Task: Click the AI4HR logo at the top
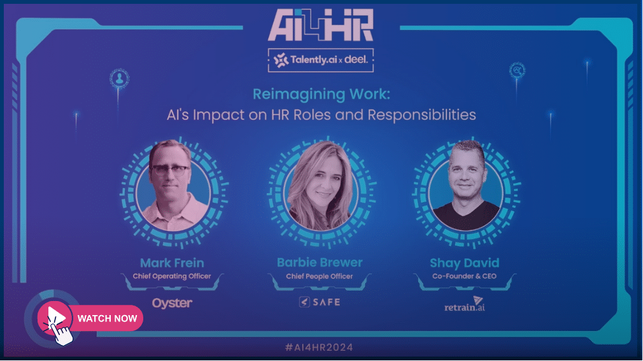pos(321,25)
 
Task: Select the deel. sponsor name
pos(356,59)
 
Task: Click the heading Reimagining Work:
pos(321,94)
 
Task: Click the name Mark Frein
pos(173,263)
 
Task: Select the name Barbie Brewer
pos(320,262)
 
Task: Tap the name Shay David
pos(464,263)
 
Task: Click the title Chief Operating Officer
pos(172,276)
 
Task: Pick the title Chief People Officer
pos(320,276)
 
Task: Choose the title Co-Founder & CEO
pos(464,276)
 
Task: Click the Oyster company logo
pos(172,303)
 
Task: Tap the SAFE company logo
pos(320,302)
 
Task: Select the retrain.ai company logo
pos(465,304)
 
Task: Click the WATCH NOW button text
pos(107,319)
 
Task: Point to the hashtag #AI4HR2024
pos(319,348)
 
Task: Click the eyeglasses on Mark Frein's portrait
pos(171,170)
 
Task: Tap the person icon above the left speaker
pos(119,78)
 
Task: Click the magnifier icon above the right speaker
pos(517,70)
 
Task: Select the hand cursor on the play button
pos(60,331)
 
